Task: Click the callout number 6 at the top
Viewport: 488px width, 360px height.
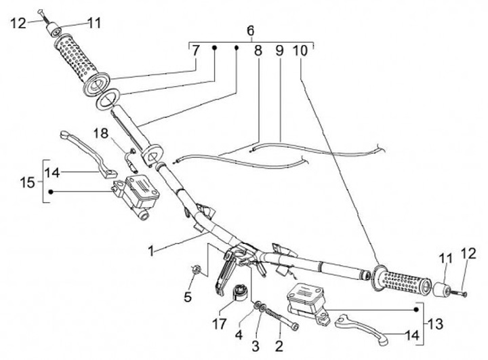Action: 251,31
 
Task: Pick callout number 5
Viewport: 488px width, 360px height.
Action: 188,296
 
